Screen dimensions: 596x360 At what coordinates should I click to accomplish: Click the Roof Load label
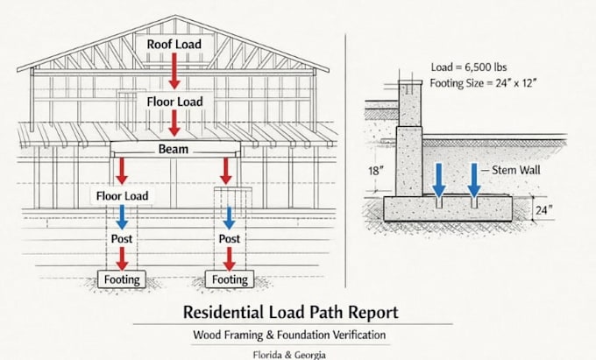174,44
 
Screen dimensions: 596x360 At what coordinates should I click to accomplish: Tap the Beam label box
175,149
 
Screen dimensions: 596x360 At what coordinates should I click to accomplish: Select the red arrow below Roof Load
174,71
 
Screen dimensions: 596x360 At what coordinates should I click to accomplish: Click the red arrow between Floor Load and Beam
174,123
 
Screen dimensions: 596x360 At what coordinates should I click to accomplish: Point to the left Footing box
122,279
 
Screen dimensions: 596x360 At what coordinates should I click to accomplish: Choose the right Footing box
230,279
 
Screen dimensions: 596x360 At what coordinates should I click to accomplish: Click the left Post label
122,239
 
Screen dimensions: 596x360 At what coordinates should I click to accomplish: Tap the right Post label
230,239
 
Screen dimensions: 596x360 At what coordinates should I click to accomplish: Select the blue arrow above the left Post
122,217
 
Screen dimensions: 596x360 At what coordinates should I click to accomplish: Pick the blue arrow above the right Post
229,218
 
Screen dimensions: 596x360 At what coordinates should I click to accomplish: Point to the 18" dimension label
375,171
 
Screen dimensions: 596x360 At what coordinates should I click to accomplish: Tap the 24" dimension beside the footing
544,209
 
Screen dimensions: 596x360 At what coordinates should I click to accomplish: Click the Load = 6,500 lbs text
469,67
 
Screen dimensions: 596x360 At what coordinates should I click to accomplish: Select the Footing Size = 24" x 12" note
483,83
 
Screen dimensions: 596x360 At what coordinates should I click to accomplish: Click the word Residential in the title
223,312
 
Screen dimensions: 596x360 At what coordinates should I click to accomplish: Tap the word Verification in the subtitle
359,335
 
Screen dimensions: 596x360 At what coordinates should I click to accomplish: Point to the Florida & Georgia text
289,355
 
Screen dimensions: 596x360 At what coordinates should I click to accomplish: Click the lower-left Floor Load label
122,196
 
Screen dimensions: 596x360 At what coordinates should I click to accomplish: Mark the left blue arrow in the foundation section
439,180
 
